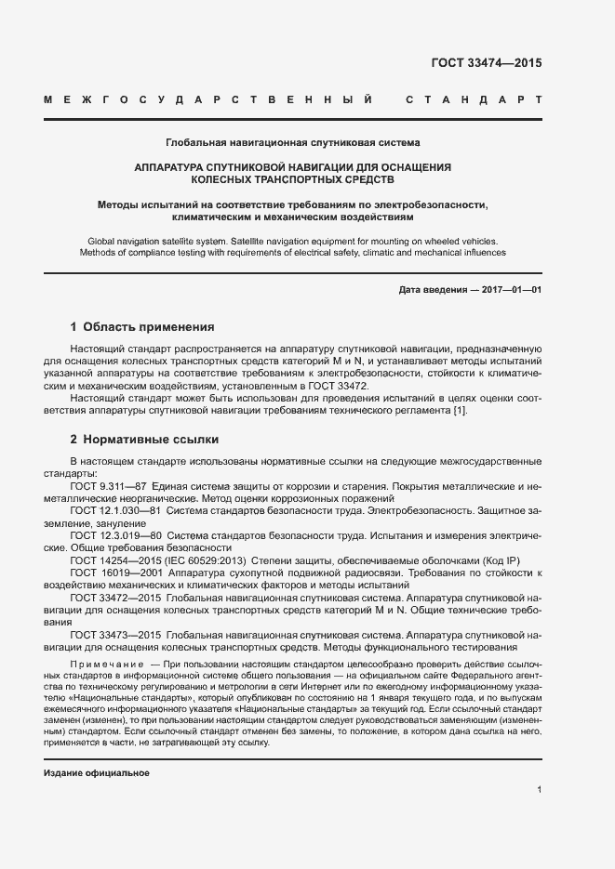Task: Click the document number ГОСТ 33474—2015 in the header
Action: pos(486,63)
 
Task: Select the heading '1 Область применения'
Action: pos(142,327)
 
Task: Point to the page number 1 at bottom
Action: pos(539,789)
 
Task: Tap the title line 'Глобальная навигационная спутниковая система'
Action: pos(292,143)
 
